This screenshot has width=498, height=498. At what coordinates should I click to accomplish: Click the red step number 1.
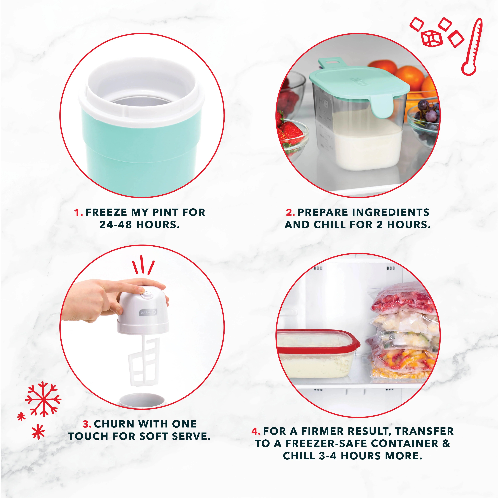point(78,213)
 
